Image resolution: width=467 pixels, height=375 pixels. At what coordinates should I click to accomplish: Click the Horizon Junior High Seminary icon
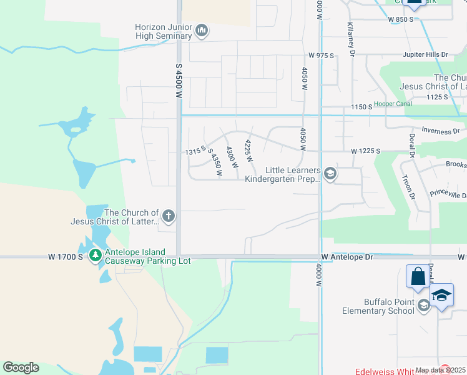click(x=201, y=30)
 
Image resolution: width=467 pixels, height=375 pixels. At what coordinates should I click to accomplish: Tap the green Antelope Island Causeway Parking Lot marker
click(x=95, y=255)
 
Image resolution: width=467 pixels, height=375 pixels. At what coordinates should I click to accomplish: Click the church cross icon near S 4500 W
click(x=168, y=217)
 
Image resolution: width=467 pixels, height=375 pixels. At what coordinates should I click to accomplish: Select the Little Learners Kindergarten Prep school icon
click(x=330, y=174)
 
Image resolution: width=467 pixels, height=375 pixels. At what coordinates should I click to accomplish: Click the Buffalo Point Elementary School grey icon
click(x=424, y=306)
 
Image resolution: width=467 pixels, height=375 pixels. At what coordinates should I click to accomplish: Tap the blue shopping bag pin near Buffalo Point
click(x=416, y=277)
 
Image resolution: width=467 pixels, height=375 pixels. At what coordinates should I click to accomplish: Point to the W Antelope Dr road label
click(x=347, y=257)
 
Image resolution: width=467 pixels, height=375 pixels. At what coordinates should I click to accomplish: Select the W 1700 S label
click(x=66, y=257)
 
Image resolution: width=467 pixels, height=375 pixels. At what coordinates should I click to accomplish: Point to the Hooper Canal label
click(x=393, y=104)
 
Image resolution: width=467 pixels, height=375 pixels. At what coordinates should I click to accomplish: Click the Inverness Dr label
click(x=441, y=131)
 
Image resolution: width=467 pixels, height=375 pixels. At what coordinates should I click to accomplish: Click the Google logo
click(x=21, y=367)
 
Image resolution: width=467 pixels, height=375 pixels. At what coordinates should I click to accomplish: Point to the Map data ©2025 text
click(x=440, y=370)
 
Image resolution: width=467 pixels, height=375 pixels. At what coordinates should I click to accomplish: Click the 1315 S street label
click(x=195, y=151)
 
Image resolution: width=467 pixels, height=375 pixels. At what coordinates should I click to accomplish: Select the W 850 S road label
click(x=401, y=20)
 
